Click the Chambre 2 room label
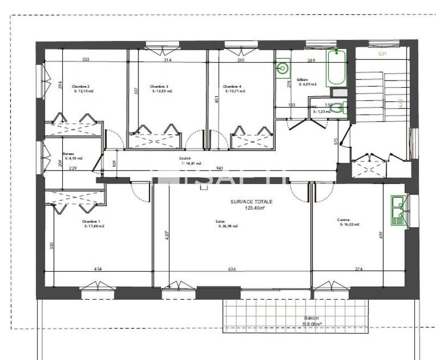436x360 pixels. tap(81, 87)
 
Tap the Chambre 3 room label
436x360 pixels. tap(159, 87)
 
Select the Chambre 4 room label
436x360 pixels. tap(232, 87)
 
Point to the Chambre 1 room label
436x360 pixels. tap(91, 222)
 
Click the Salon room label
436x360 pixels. tap(220, 222)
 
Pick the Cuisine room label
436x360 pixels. tap(343, 220)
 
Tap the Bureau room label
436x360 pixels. tap(68, 154)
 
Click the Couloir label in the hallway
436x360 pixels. tap(184, 159)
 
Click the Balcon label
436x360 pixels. tap(312, 318)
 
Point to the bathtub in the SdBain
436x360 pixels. tap(336, 68)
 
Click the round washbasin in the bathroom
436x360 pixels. tap(282, 68)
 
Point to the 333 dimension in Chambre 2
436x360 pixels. tap(86, 59)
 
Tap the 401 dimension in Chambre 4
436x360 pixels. tap(216, 100)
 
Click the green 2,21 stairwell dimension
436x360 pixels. tap(383, 54)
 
